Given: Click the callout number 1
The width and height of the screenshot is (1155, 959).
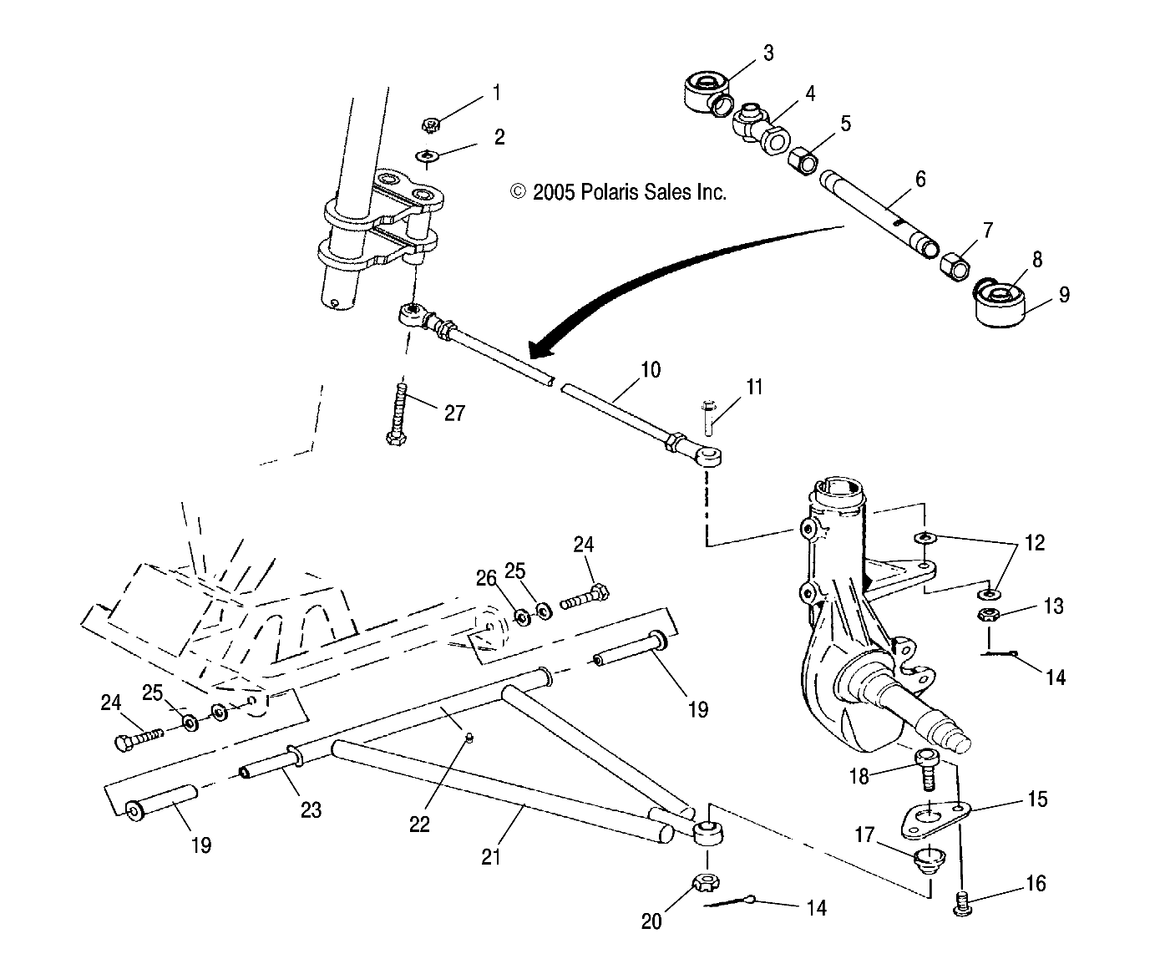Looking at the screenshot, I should point(497,92).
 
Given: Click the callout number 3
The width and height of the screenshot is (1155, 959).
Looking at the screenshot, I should point(767,53).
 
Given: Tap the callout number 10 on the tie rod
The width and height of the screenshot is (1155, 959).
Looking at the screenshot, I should point(651,369).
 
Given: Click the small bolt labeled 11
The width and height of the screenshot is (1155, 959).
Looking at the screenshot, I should point(707,416).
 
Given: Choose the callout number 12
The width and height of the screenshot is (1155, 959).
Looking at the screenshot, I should point(1034,543).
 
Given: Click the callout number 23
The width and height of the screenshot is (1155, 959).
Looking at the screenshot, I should point(311,809).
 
